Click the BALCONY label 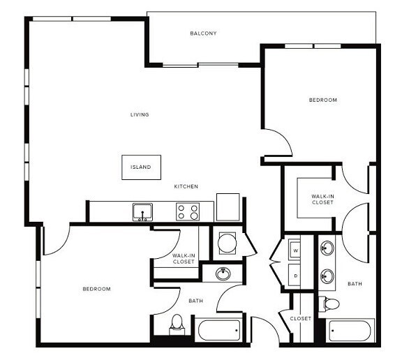click(204, 33)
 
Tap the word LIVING click(140, 114)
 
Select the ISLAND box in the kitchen click(141, 167)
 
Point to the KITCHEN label click(186, 186)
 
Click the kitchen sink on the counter click(143, 211)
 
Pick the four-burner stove click(187, 211)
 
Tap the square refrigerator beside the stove click(228, 207)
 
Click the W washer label click(295, 250)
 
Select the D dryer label click(295, 275)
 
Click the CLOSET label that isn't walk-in click(300, 318)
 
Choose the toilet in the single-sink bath click(177, 323)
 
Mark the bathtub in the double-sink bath click(352, 331)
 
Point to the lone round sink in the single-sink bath click(223, 273)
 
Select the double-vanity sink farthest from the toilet click(327, 247)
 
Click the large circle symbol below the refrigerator click(228, 243)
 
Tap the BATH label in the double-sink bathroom click(355, 284)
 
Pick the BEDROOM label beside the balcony click(323, 100)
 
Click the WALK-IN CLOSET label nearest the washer click(322, 199)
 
